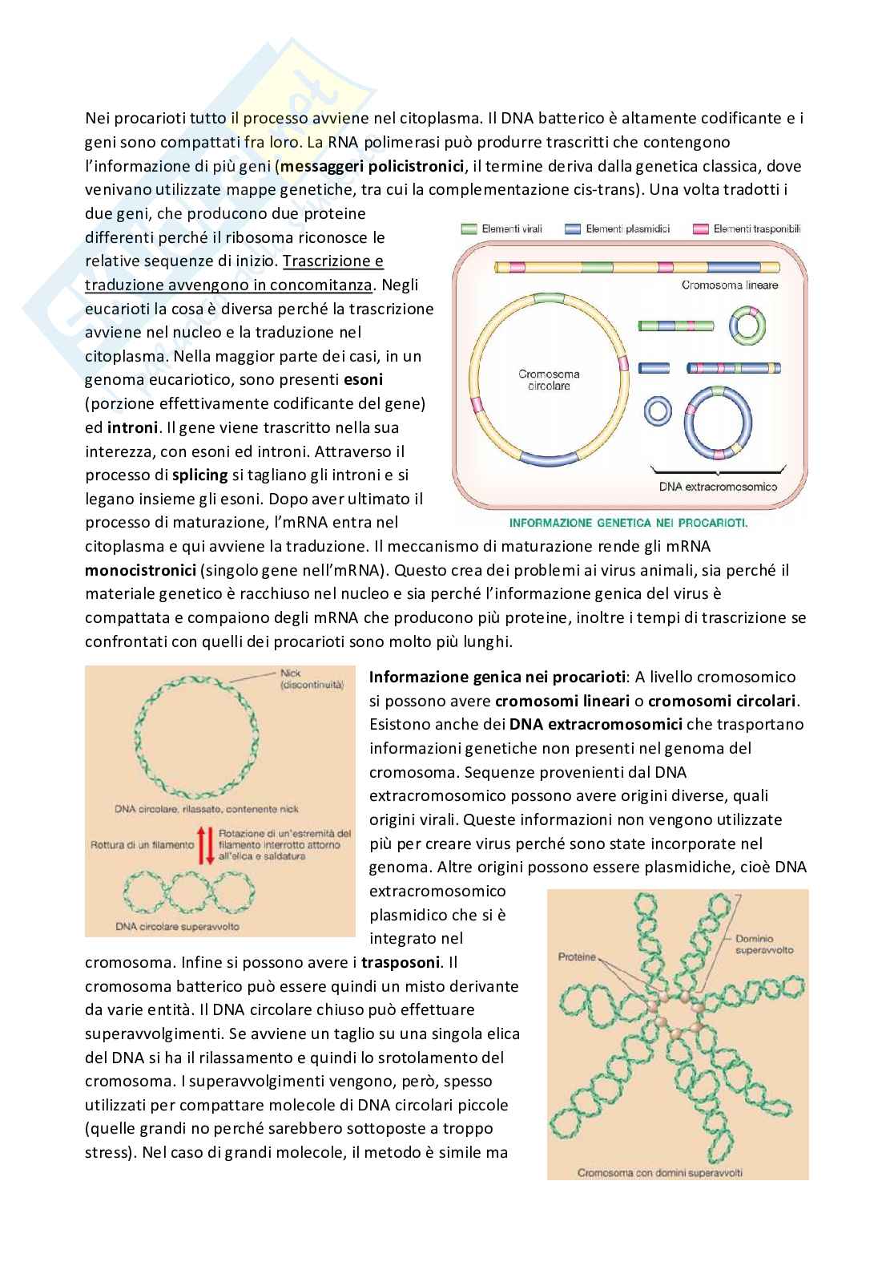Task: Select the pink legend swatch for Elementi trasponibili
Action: (x=699, y=229)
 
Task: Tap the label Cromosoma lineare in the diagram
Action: (x=729, y=285)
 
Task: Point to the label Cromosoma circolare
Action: (x=549, y=380)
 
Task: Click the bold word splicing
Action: (x=200, y=475)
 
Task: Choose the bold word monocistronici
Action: (x=141, y=570)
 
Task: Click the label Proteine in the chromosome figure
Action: (x=577, y=957)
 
